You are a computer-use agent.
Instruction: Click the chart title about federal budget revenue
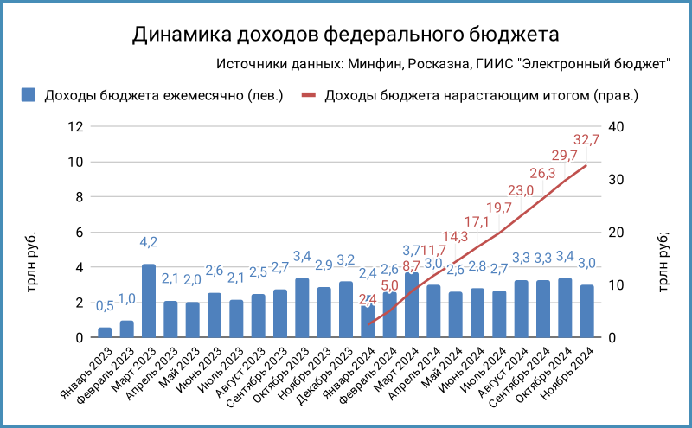click(345, 34)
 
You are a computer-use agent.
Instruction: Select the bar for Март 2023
click(149, 301)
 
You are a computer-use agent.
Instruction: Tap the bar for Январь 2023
click(105, 333)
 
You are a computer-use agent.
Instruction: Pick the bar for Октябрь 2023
click(303, 308)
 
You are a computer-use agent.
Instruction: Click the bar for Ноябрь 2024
click(587, 311)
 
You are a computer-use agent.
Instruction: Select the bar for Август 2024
click(522, 309)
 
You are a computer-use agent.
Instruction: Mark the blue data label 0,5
click(105, 306)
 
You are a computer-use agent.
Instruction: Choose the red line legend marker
click(309, 95)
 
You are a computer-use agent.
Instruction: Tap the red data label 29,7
click(565, 157)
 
